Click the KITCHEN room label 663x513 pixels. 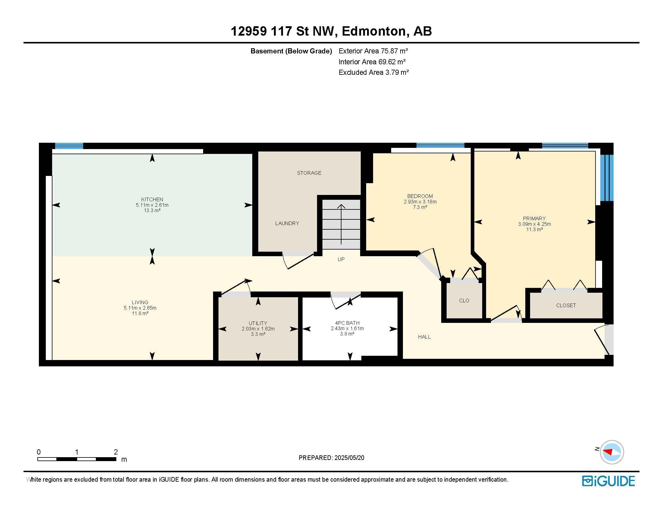coord(152,200)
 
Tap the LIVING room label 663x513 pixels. coord(140,302)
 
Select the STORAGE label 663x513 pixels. coord(309,173)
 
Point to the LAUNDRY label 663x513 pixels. coord(287,223)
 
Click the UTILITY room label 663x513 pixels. coord(258,323)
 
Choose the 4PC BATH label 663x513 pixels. coord(347,323)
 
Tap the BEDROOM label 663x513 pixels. coord(420,196)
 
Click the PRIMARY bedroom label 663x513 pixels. coord(534,218)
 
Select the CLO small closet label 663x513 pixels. coord(464,301)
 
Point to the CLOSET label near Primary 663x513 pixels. coord(566,305)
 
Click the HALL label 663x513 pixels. coord(424,337)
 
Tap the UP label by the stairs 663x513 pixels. coord(341,259)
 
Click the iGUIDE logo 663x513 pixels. coord(608,481)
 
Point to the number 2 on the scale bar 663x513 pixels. coord(116,452)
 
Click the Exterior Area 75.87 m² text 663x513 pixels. coord(373,51)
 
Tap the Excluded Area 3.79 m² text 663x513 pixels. coord(374,72)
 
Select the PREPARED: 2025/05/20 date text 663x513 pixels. coord(331,458)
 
